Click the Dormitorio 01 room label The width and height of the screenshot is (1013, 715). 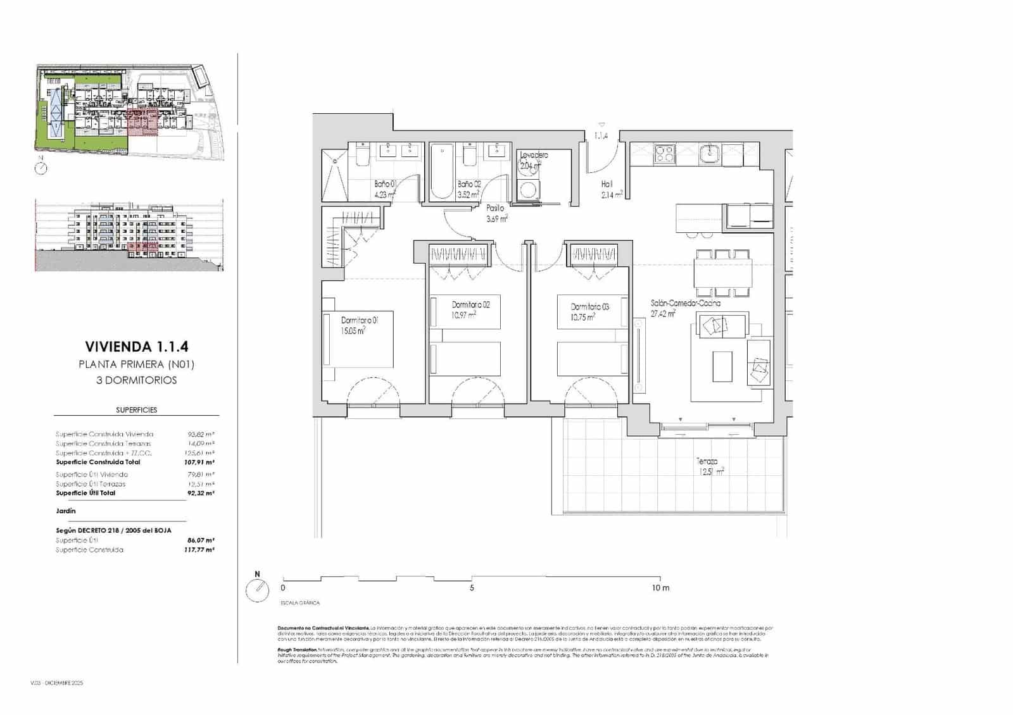(360, 320)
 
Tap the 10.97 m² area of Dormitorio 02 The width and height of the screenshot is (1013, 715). (463, 314)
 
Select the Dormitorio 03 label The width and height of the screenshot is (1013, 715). (589, 307)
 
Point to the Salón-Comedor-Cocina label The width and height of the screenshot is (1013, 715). (685, 303)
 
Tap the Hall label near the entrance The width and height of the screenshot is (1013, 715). (607, 184)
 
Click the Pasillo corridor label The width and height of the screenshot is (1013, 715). (495, 208)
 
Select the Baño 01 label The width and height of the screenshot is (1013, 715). (384, 184)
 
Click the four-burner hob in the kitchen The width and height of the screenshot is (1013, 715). (665, 154)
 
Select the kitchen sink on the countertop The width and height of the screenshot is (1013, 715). (711, 153)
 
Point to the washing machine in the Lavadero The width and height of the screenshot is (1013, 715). (526, 189)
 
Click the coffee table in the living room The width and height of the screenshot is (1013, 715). (722, 366)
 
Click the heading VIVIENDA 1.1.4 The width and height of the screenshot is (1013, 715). (137, 347)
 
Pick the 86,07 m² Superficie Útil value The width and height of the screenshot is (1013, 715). (201, 540)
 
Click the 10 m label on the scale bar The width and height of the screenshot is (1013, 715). (660, 588)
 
